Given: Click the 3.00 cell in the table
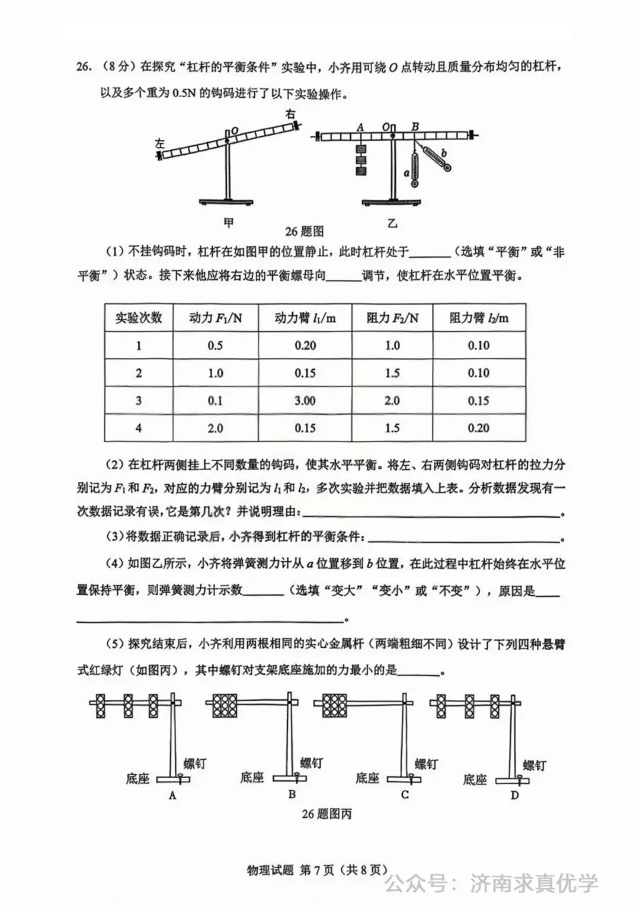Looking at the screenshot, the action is coord(305,401).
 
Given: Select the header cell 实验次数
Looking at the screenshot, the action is coord(139,318).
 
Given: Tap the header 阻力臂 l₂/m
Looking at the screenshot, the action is coord(479,318).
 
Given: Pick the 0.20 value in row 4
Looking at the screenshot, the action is coord(479,428).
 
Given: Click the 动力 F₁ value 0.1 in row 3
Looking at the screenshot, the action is coord(215,401).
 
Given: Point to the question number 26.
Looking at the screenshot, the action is coord(84,67).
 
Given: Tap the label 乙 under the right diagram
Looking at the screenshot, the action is coord(392,223).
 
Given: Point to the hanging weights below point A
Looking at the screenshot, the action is coord(360,160).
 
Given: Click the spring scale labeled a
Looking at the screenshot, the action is coord(414,169).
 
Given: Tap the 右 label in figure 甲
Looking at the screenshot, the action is coord(290,113).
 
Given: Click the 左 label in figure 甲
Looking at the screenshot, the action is coord(159,143).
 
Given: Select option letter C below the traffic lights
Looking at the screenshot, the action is coord(405,794).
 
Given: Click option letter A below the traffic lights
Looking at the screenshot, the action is coord(172,795).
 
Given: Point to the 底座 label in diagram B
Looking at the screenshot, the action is coord(252,777).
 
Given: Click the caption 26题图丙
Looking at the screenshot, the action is coord(327,814).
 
